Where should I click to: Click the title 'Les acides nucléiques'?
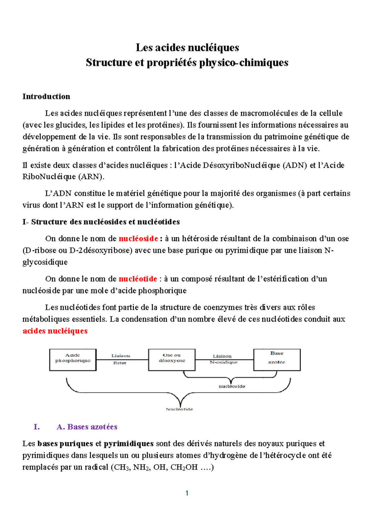[187, 47]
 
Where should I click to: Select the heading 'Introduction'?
[46, 96]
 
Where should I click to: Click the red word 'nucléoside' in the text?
[138, 239]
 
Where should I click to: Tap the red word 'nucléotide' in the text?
[138, 279]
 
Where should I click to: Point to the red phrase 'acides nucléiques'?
[55, 331]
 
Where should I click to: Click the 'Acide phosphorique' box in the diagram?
[73, 360]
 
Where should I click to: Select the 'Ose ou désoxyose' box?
[172, 360]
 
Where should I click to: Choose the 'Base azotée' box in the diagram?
[277, 360]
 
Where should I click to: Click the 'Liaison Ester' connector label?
[121, 359]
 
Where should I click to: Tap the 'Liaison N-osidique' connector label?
[223, 359]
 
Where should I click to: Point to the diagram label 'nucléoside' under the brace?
[232, 386]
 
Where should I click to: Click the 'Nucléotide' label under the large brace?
[180, 409]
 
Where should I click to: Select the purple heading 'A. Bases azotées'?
[87, 427]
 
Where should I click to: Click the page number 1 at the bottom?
[187, 493]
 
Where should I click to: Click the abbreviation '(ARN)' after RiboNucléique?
[91, 177]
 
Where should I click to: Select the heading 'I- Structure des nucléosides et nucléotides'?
[101, 222]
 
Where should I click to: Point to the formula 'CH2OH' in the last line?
[184, 467]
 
